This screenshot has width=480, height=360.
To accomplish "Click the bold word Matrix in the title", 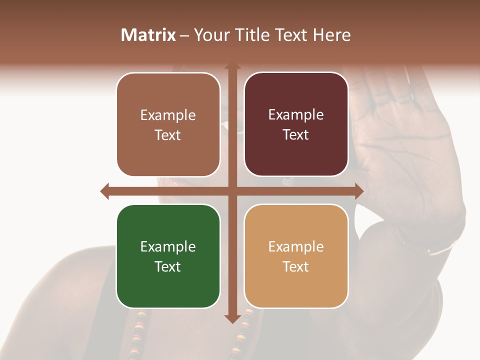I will pyautogui.click(x=148, y=35).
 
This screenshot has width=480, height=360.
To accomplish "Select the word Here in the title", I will pyautogui.click(x=331, y=35).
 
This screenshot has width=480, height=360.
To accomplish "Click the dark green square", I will pyautogui.click(x=168, y=256).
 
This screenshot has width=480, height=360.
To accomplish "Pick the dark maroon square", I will pyautogui.click(x=296, y=124).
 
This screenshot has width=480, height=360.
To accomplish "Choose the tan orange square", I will pyautogui.click(x=296, y=256).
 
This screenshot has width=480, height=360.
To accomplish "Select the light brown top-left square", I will pyautogui.click(x=168, y=124).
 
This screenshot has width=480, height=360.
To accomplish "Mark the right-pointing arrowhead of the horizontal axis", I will pyautogui.click(x=358, y=191).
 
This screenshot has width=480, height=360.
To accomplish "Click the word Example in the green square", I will pyautogui.click(x=167, y=246).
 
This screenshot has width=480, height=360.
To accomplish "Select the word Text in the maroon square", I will pyautogui.click(x=296, y=135).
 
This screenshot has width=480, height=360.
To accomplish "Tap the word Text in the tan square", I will pyautogui.click(x=296, y=266).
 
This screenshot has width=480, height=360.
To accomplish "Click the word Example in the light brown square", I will pyautogui.click(x=167, y=115).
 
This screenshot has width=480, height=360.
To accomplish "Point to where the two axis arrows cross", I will pyautogui.click(x=232, y=191).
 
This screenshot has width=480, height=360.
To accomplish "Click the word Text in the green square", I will pyautogui.click(x=167, y=266).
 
